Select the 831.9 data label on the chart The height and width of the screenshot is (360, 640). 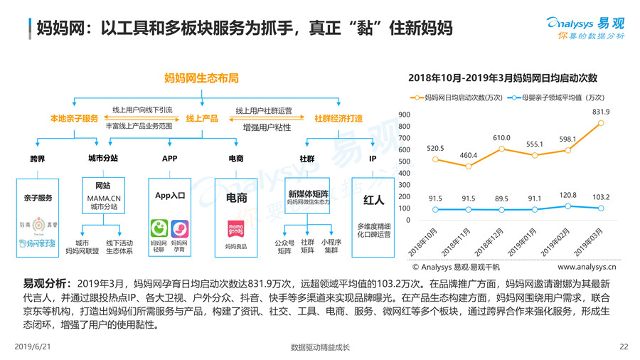point(600,112)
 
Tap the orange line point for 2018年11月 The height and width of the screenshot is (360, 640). point(467,166)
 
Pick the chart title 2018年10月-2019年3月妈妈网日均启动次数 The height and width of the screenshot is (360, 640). point(503,78)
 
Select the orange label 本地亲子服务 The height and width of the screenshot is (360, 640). point(74,118)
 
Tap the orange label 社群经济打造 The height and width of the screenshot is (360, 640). point(338,118)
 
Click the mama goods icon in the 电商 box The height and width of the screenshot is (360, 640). point(235,228)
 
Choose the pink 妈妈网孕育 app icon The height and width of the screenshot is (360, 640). point(180,229)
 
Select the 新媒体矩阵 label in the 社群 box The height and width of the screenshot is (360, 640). point(308,193)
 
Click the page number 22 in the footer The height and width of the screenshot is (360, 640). point(624,346)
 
